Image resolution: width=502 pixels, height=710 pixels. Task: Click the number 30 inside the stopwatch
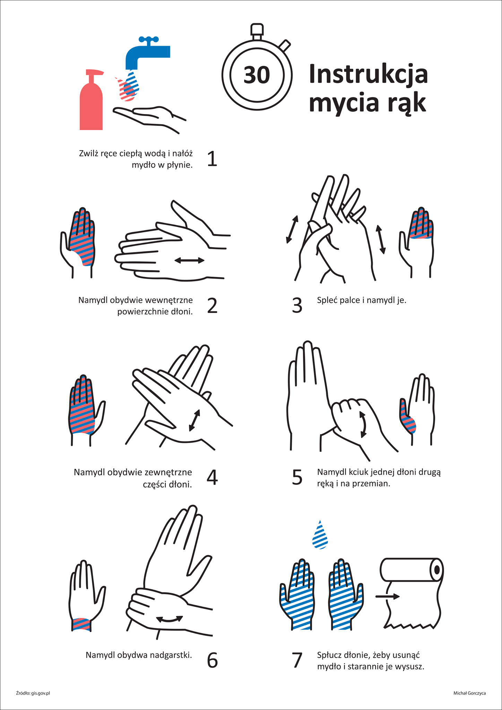tap(257, 75)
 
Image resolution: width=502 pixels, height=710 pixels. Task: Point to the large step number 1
tap(212, 159)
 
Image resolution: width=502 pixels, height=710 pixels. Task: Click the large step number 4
tap(212, 477)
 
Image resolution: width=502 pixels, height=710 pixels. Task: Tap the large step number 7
tap(297, 660)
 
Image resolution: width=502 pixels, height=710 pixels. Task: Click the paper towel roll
tap(412, 593)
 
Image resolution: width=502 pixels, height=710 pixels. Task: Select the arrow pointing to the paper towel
tap(388, 597)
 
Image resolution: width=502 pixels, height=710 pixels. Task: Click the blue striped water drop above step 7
tap(320, 535)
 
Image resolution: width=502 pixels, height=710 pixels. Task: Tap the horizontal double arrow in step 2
tap(189, 260)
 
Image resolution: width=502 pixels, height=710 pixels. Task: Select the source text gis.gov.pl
tap(41, 693)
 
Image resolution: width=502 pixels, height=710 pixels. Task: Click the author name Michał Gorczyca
tap(469, 693)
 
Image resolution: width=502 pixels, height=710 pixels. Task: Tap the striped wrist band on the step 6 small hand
tap(81, 624)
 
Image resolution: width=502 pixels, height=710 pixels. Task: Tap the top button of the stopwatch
tap(257, 30)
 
